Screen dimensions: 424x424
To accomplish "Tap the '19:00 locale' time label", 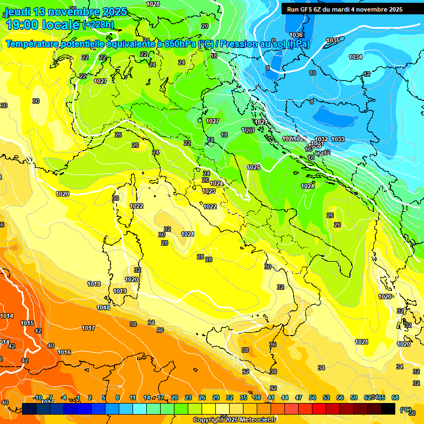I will (42, 25).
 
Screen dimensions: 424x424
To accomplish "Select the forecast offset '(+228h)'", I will (99, 25).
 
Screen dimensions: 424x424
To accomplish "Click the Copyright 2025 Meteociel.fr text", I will (235, 420).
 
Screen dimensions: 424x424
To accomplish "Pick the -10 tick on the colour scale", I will (38, 397).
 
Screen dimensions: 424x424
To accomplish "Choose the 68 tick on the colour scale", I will (395, 397).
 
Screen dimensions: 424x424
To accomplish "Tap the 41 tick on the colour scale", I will (271, 397).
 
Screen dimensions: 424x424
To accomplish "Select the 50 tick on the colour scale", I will (312, 397).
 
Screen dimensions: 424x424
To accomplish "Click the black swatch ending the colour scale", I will (388, 409).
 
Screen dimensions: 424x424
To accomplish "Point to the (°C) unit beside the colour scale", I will (405, 410).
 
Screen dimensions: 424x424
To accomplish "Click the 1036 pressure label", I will (296, 35).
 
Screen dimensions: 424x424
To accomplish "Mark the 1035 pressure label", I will (332, 40).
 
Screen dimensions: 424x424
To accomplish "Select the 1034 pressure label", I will (356, 57).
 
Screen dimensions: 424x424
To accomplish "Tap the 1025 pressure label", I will (253, 167).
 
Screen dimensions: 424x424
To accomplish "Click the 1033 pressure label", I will (338, 139).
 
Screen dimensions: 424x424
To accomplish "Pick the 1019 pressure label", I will (120, 291).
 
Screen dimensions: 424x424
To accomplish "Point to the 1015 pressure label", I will (27, 323).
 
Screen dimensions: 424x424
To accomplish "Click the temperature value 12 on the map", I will (367, 74).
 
